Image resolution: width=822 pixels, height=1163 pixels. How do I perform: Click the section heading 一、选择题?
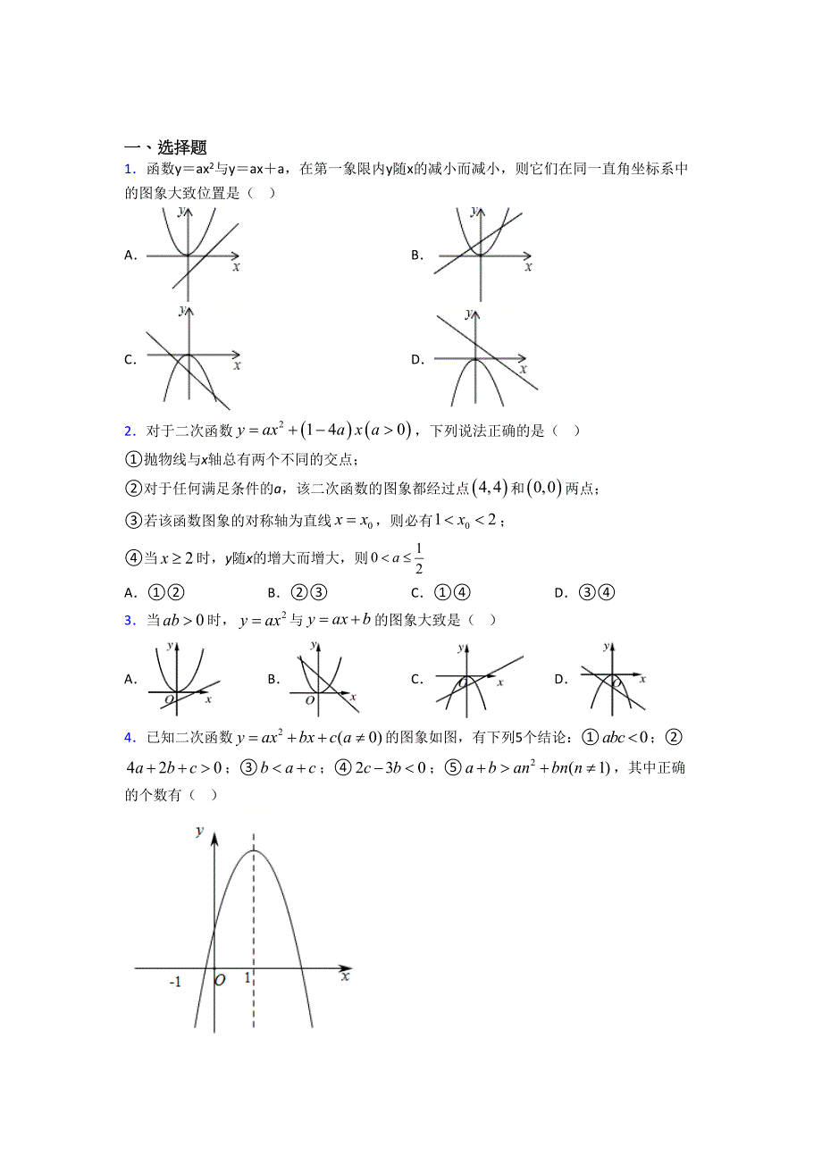click(165, 147)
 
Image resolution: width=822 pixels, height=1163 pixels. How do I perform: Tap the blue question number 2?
click(129, 431)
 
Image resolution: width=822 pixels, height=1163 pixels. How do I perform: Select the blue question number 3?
click(129, 620)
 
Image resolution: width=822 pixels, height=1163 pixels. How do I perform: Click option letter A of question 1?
click(130, 255)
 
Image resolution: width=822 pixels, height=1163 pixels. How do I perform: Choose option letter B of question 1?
click(416, 255)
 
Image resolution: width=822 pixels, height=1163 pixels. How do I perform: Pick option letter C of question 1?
click(130, 360)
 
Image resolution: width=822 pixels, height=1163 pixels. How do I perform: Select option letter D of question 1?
click(416, 360)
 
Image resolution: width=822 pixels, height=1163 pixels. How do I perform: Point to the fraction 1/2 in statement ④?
click(418, 558)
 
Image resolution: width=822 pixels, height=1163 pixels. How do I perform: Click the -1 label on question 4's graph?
click(175, 983)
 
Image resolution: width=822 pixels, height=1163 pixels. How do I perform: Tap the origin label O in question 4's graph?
click(220, 981)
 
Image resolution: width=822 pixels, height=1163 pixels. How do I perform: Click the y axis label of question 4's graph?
click(199, 831)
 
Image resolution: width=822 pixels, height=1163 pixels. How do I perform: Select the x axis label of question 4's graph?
click(345, 978)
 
